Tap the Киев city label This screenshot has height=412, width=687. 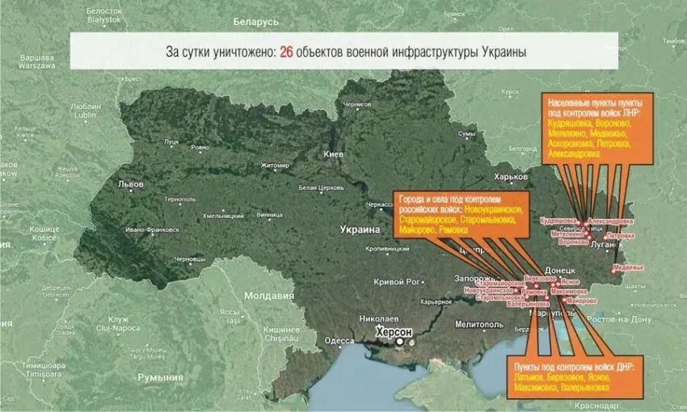334,153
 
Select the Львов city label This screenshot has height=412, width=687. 130,184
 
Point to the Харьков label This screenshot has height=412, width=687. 509,177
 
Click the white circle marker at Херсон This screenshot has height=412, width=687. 398,342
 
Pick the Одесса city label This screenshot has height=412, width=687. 339,341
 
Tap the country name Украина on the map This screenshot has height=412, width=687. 360,229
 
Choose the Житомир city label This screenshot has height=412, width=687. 275,166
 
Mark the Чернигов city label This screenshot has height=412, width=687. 356,105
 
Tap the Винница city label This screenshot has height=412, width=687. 269,215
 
